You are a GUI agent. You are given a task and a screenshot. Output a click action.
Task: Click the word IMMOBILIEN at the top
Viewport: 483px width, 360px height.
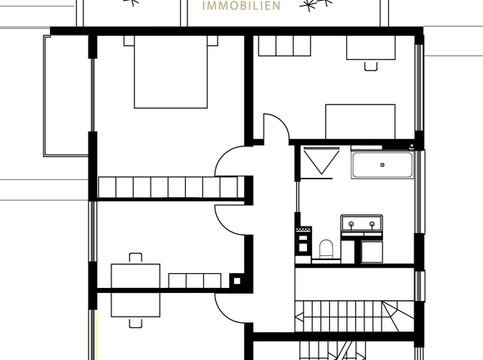241,6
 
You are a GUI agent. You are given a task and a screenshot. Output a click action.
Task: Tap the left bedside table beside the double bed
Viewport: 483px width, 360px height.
129,39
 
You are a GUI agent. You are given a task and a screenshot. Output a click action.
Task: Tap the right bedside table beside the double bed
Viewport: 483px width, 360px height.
212,39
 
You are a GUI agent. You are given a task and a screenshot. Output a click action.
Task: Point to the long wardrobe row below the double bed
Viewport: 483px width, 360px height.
169,187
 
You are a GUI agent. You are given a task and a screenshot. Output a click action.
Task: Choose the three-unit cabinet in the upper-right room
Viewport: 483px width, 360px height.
283,47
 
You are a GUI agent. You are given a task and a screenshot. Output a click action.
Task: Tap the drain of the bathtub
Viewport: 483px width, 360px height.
381,165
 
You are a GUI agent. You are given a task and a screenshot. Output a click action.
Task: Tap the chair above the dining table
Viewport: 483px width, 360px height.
136,257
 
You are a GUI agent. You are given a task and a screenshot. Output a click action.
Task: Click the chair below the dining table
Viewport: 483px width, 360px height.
136,322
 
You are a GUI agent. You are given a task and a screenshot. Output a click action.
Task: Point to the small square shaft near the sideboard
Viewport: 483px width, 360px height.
237,280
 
